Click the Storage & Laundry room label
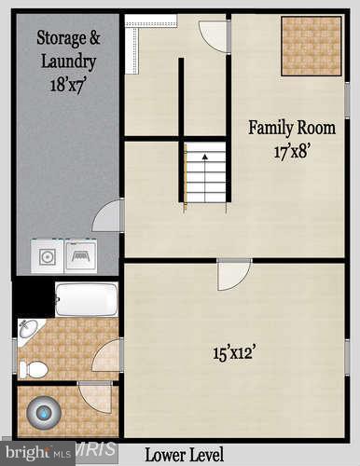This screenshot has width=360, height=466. coord(68,49)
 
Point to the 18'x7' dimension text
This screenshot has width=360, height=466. coord(68,84)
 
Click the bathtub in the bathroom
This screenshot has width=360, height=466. coord(86,299)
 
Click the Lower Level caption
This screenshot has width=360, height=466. coord(184,455)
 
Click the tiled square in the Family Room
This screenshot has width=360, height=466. coord(312,46)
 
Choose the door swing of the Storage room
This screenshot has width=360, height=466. coord(110,216)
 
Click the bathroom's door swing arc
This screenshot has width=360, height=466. coord(106,356)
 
